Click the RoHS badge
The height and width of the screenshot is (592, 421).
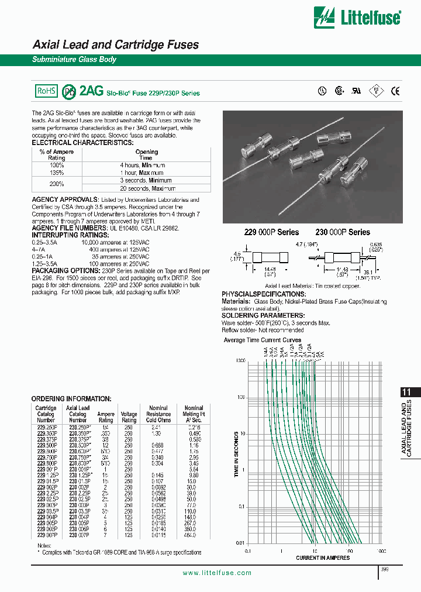click(x=46, y=91)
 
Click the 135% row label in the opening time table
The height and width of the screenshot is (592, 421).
click(x=56, y=173)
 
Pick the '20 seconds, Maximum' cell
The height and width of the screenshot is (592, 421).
click(x=147, y=188)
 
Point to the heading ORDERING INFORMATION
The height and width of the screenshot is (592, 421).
click(x=71, y=398)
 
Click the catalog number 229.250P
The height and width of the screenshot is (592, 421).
click(x=46, y=427)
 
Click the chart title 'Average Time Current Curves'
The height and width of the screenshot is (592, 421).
click(x=263, y=340)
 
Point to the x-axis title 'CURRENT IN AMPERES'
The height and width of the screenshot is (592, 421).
click(x=323, y=557)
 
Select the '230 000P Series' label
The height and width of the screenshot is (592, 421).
click(x=343, y=232)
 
